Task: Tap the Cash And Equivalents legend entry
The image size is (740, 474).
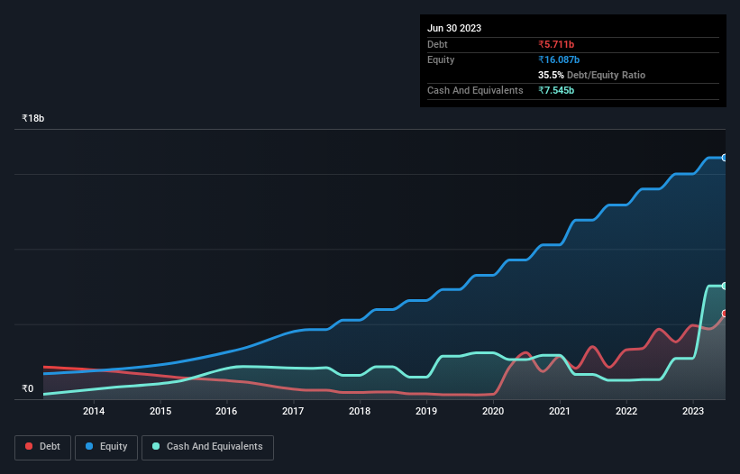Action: [x=207, y=447]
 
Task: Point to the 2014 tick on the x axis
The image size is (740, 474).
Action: [x=94, y=412]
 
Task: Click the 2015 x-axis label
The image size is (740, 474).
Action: [x=160, y=412]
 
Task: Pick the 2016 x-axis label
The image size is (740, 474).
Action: [x=226, y=412]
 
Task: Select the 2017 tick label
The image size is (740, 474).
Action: [x=293, y=412]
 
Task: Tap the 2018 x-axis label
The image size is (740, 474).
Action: [x=360, y=412]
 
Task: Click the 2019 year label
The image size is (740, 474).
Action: [x=426, y=412]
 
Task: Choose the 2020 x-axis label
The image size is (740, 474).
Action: [x=493, y=412]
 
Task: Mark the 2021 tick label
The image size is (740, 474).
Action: [x=560, y=412]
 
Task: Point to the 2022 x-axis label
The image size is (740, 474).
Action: [x=626, y=412]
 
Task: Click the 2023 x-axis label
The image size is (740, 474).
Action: [x=692, y=412]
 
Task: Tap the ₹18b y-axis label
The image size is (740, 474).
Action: [x=33, y=119]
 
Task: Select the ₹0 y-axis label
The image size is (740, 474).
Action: [x=27, y=389]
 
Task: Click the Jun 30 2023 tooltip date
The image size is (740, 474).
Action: [x=454, y=28]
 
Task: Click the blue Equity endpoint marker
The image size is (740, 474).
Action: [x=725, y=158]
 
